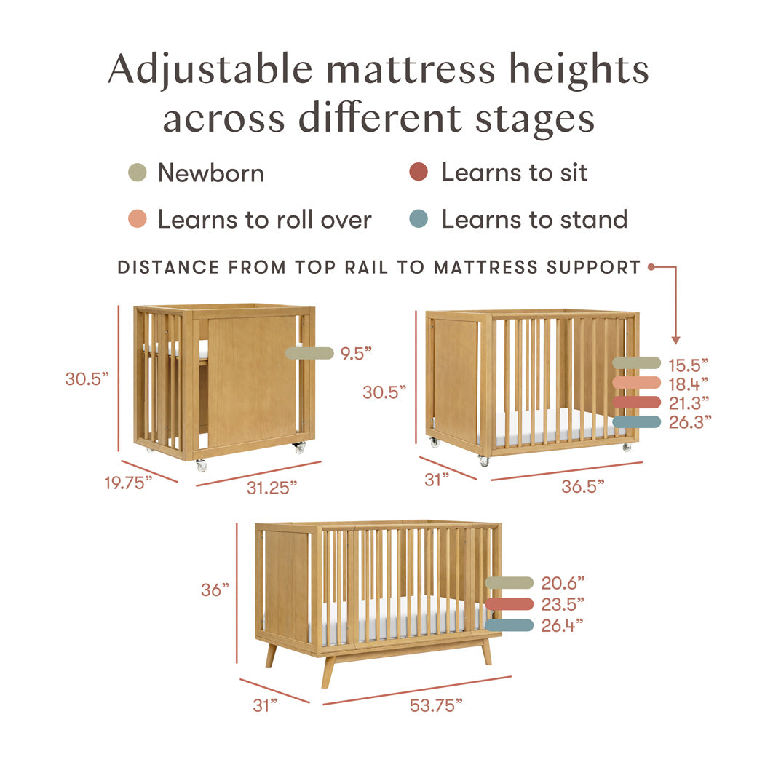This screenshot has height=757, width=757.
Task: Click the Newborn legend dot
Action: (x=137, y=173)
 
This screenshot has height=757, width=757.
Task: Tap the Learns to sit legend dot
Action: (x=418, y=173)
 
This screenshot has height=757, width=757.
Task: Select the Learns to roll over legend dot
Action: (x=137, y=219)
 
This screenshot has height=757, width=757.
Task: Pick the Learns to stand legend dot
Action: (x=418, y=219)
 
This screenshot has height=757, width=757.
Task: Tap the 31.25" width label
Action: (x=272, y=488)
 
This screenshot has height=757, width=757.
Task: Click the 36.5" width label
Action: (x=583, y=486)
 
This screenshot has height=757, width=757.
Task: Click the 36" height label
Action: (x=215, y=590)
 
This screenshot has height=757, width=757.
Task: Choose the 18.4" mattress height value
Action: (x=688, y=383)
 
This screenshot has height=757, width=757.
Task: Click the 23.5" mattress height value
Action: (x=563, y=603)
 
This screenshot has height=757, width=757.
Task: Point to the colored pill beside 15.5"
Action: (x=636, y=362)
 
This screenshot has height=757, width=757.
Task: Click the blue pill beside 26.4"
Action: (x=509, y=625)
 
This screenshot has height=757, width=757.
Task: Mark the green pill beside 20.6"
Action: (x=509, y=582)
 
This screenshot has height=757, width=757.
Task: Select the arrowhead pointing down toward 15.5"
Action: (x=675, y=339)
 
